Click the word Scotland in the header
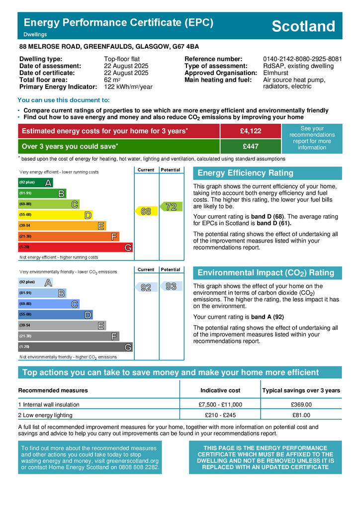coord(303,26)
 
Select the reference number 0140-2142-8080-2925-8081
coord(302,59)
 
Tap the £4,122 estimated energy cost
coord(250,131)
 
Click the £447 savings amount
coord(250,147)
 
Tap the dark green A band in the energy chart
coord(35,182)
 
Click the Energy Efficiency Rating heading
coord(246,173)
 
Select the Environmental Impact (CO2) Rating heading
coord(266,273)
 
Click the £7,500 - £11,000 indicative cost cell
coord(220,405)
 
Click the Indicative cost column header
coord(220,390)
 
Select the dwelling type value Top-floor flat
coord(122,59)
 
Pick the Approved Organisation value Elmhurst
coord(275,73)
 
